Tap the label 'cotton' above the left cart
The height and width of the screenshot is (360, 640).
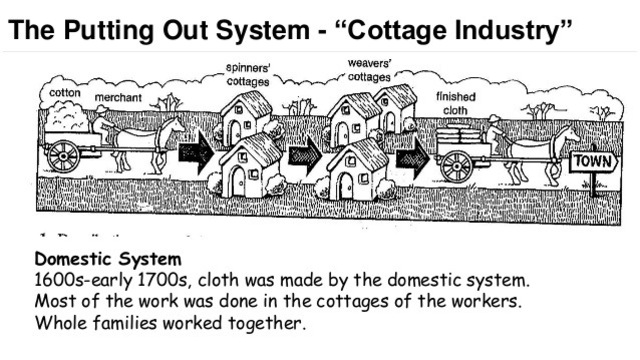pos(65,92)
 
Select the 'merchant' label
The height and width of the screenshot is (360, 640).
pos(118,98)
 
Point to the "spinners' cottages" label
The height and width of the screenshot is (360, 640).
pos(246,74)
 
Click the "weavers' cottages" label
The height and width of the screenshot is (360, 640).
pos(369,68)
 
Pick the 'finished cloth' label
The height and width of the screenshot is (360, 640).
pos(456,103)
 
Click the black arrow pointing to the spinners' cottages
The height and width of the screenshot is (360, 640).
pos(196,153)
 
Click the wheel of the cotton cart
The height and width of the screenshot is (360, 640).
pos(64,155)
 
